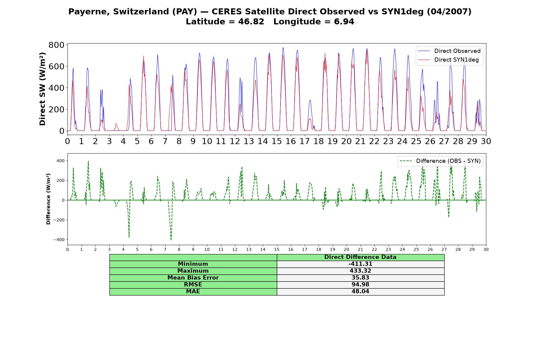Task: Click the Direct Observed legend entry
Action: (x=449, y=51)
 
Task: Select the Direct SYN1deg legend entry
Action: (x=448, y=60)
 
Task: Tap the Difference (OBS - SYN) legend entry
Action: (x=440, y=161)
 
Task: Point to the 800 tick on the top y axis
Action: (x=56, y=45)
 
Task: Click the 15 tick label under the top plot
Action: (x=277, y=141)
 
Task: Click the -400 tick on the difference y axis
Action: (x=59, y=240)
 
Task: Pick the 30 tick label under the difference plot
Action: (x=486, y=249)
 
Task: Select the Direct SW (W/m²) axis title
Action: (x=43, y=89)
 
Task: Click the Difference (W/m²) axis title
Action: (x=48, y=199)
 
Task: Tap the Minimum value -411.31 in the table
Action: (x=360, y=264)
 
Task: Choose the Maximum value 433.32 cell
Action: (x=360, y=271)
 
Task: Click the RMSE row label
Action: (x=193, y=285)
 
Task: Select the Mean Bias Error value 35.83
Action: (x=360, y=278)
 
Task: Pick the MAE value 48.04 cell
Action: (x=360, y=292)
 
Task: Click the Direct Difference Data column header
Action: (x=360, y=257)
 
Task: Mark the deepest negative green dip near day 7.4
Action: (x=171, y=240)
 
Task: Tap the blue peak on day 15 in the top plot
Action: (x=283, y=48)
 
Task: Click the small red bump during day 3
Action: (x=116, y=124)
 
